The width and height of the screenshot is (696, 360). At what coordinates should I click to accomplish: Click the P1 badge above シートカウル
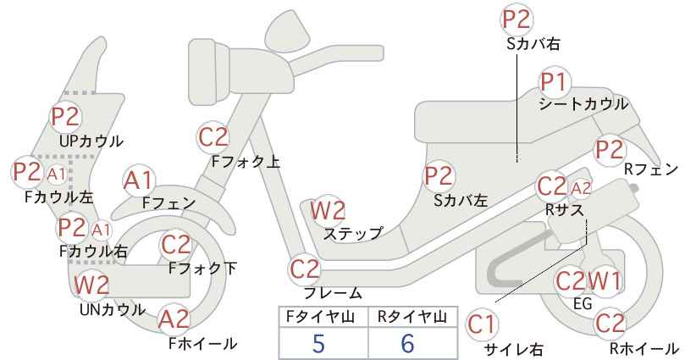click(x=555, y=82)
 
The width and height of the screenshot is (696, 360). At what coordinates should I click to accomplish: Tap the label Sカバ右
click(x=533, y=43)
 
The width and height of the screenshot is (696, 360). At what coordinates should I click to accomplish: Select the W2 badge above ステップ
click(x=328, y=210)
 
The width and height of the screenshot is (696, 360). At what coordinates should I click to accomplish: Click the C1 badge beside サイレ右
click(x=482, y=324)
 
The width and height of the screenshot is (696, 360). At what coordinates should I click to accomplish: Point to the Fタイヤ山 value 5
click(x=318, y=343)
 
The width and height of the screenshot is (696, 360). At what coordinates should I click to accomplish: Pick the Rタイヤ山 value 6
click(x=407, y=343)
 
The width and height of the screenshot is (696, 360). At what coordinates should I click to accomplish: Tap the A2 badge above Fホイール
click(x=174, y=319)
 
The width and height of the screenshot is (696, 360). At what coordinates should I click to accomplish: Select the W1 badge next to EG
click(x=604, y=281)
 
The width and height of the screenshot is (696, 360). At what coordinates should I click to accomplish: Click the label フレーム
click(x=333, y=293)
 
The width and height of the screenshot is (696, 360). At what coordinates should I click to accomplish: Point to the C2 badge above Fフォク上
click(x=213, y=137)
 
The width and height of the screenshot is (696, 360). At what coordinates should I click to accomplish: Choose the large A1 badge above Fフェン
click(x=139, y=181)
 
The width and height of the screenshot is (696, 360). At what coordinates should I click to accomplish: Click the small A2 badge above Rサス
click(x=581, y=189)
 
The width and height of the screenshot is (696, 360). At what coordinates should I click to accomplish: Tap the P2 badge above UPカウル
click(x=66, y=116)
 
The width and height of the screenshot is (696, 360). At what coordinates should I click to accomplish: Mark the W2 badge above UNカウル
click(x=91, y=285)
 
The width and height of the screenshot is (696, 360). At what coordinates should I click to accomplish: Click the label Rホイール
click(x=644, y=348)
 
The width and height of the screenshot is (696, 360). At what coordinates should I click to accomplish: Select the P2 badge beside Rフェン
click(x=610, y=150)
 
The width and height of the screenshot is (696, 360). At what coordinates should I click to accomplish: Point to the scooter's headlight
click(x=209, y=69)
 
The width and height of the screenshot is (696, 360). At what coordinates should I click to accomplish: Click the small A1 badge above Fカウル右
click(x=102, y=230)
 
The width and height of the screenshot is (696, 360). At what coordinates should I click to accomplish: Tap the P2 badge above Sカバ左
click(x=439, y=176)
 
